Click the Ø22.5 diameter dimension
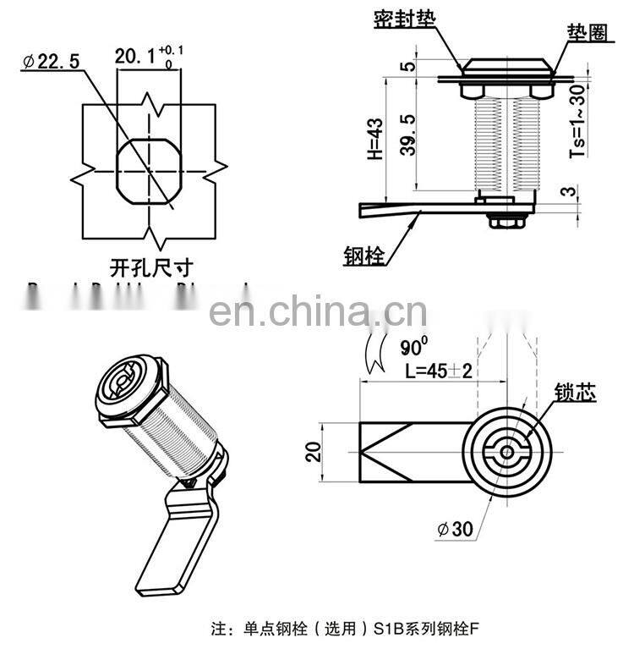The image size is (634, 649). tap(53, 62)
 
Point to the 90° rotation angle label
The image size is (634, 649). tap(413, 347)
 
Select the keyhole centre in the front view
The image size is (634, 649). tap(506, 451)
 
